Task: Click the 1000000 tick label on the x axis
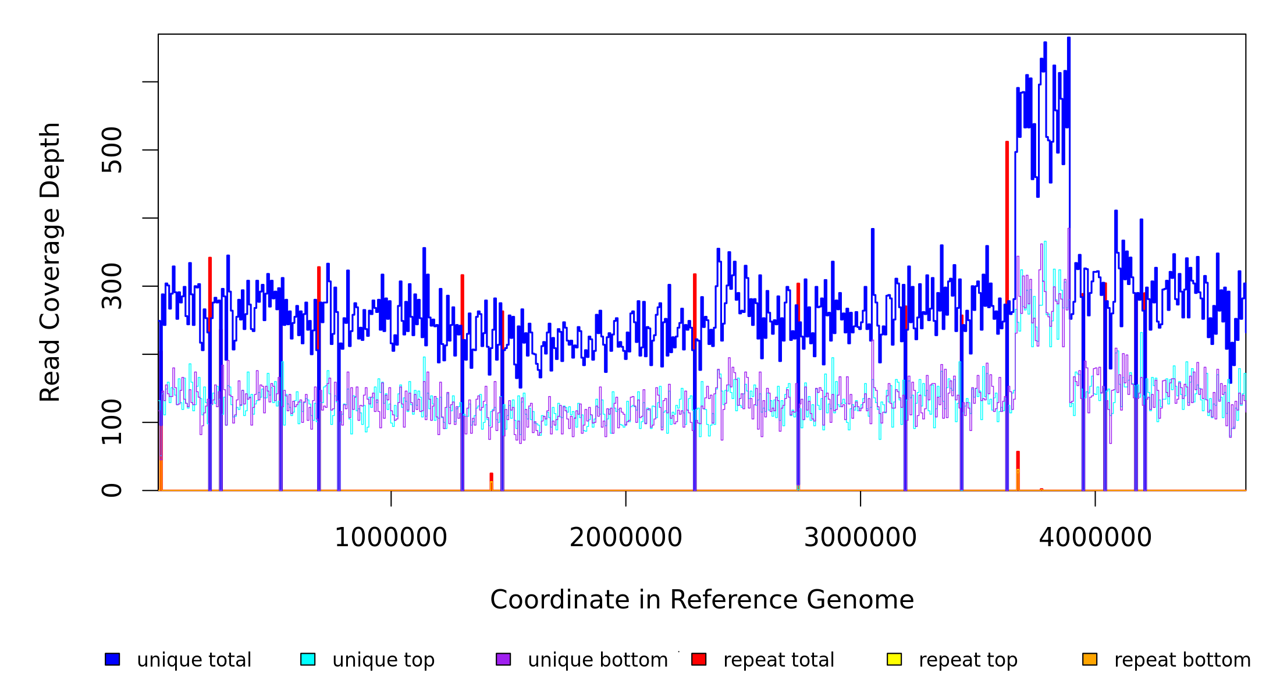tap(390, 537)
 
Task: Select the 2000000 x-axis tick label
tap(625, 537)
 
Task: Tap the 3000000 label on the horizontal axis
tap(860, 537)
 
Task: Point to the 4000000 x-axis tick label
tap(1095, 537)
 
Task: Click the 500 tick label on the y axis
tap(112, 150)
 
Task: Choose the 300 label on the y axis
tap(112, 286)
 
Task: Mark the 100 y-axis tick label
tap(112, 422)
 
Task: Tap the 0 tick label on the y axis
tap(112, 490)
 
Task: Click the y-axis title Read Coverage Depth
tap(50, 262)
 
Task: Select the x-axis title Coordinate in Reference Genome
tap(702, 600)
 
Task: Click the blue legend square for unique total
tap(112, 659)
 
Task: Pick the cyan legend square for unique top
tap(308, 659)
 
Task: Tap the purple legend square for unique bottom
tap(503, 659)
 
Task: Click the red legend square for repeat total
tap(699, 659)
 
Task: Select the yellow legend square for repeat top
tap(894, 659)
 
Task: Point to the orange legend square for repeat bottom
tap(1090, 659)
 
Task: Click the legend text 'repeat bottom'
tap(1182, 660)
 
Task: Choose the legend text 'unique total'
tap(194, 660)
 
